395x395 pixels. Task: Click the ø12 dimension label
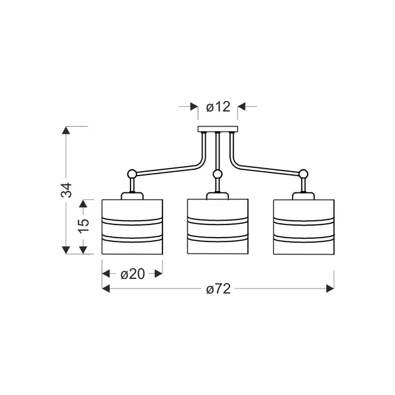tap(218, 107)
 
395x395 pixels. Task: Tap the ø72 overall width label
tap(218, 288)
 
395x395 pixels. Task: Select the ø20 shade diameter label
tap(132, 274)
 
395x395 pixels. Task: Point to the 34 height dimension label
tap(66, 190)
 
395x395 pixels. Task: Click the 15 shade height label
tap(83, 226)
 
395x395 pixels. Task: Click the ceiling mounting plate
tap(218, 129)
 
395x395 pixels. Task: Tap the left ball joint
tap(132, 174)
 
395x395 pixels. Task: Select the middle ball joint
tap(218, 174)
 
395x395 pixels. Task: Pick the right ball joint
tap(303, 174)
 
